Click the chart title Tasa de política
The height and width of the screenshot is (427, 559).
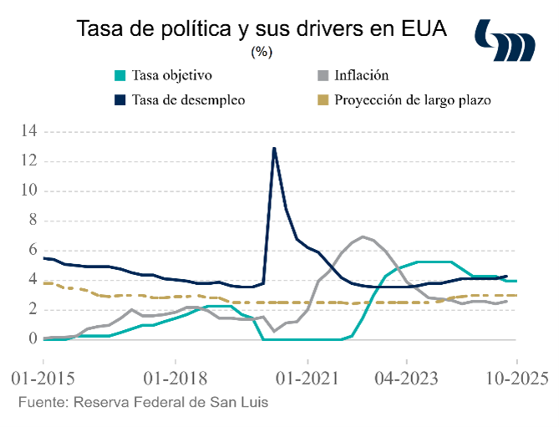point(262,29)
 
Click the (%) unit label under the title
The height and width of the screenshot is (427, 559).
point(262,52)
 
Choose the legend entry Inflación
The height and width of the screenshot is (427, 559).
point(362,75)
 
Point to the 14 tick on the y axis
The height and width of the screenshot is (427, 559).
point(30,131)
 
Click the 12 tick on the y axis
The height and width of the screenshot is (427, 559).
point(30,161)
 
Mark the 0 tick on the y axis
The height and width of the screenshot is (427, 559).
point(33,339)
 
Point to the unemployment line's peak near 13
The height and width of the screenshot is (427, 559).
point(274,149)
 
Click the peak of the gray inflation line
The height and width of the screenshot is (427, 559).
point(363,236)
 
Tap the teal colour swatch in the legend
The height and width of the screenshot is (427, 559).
point(121,75)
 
